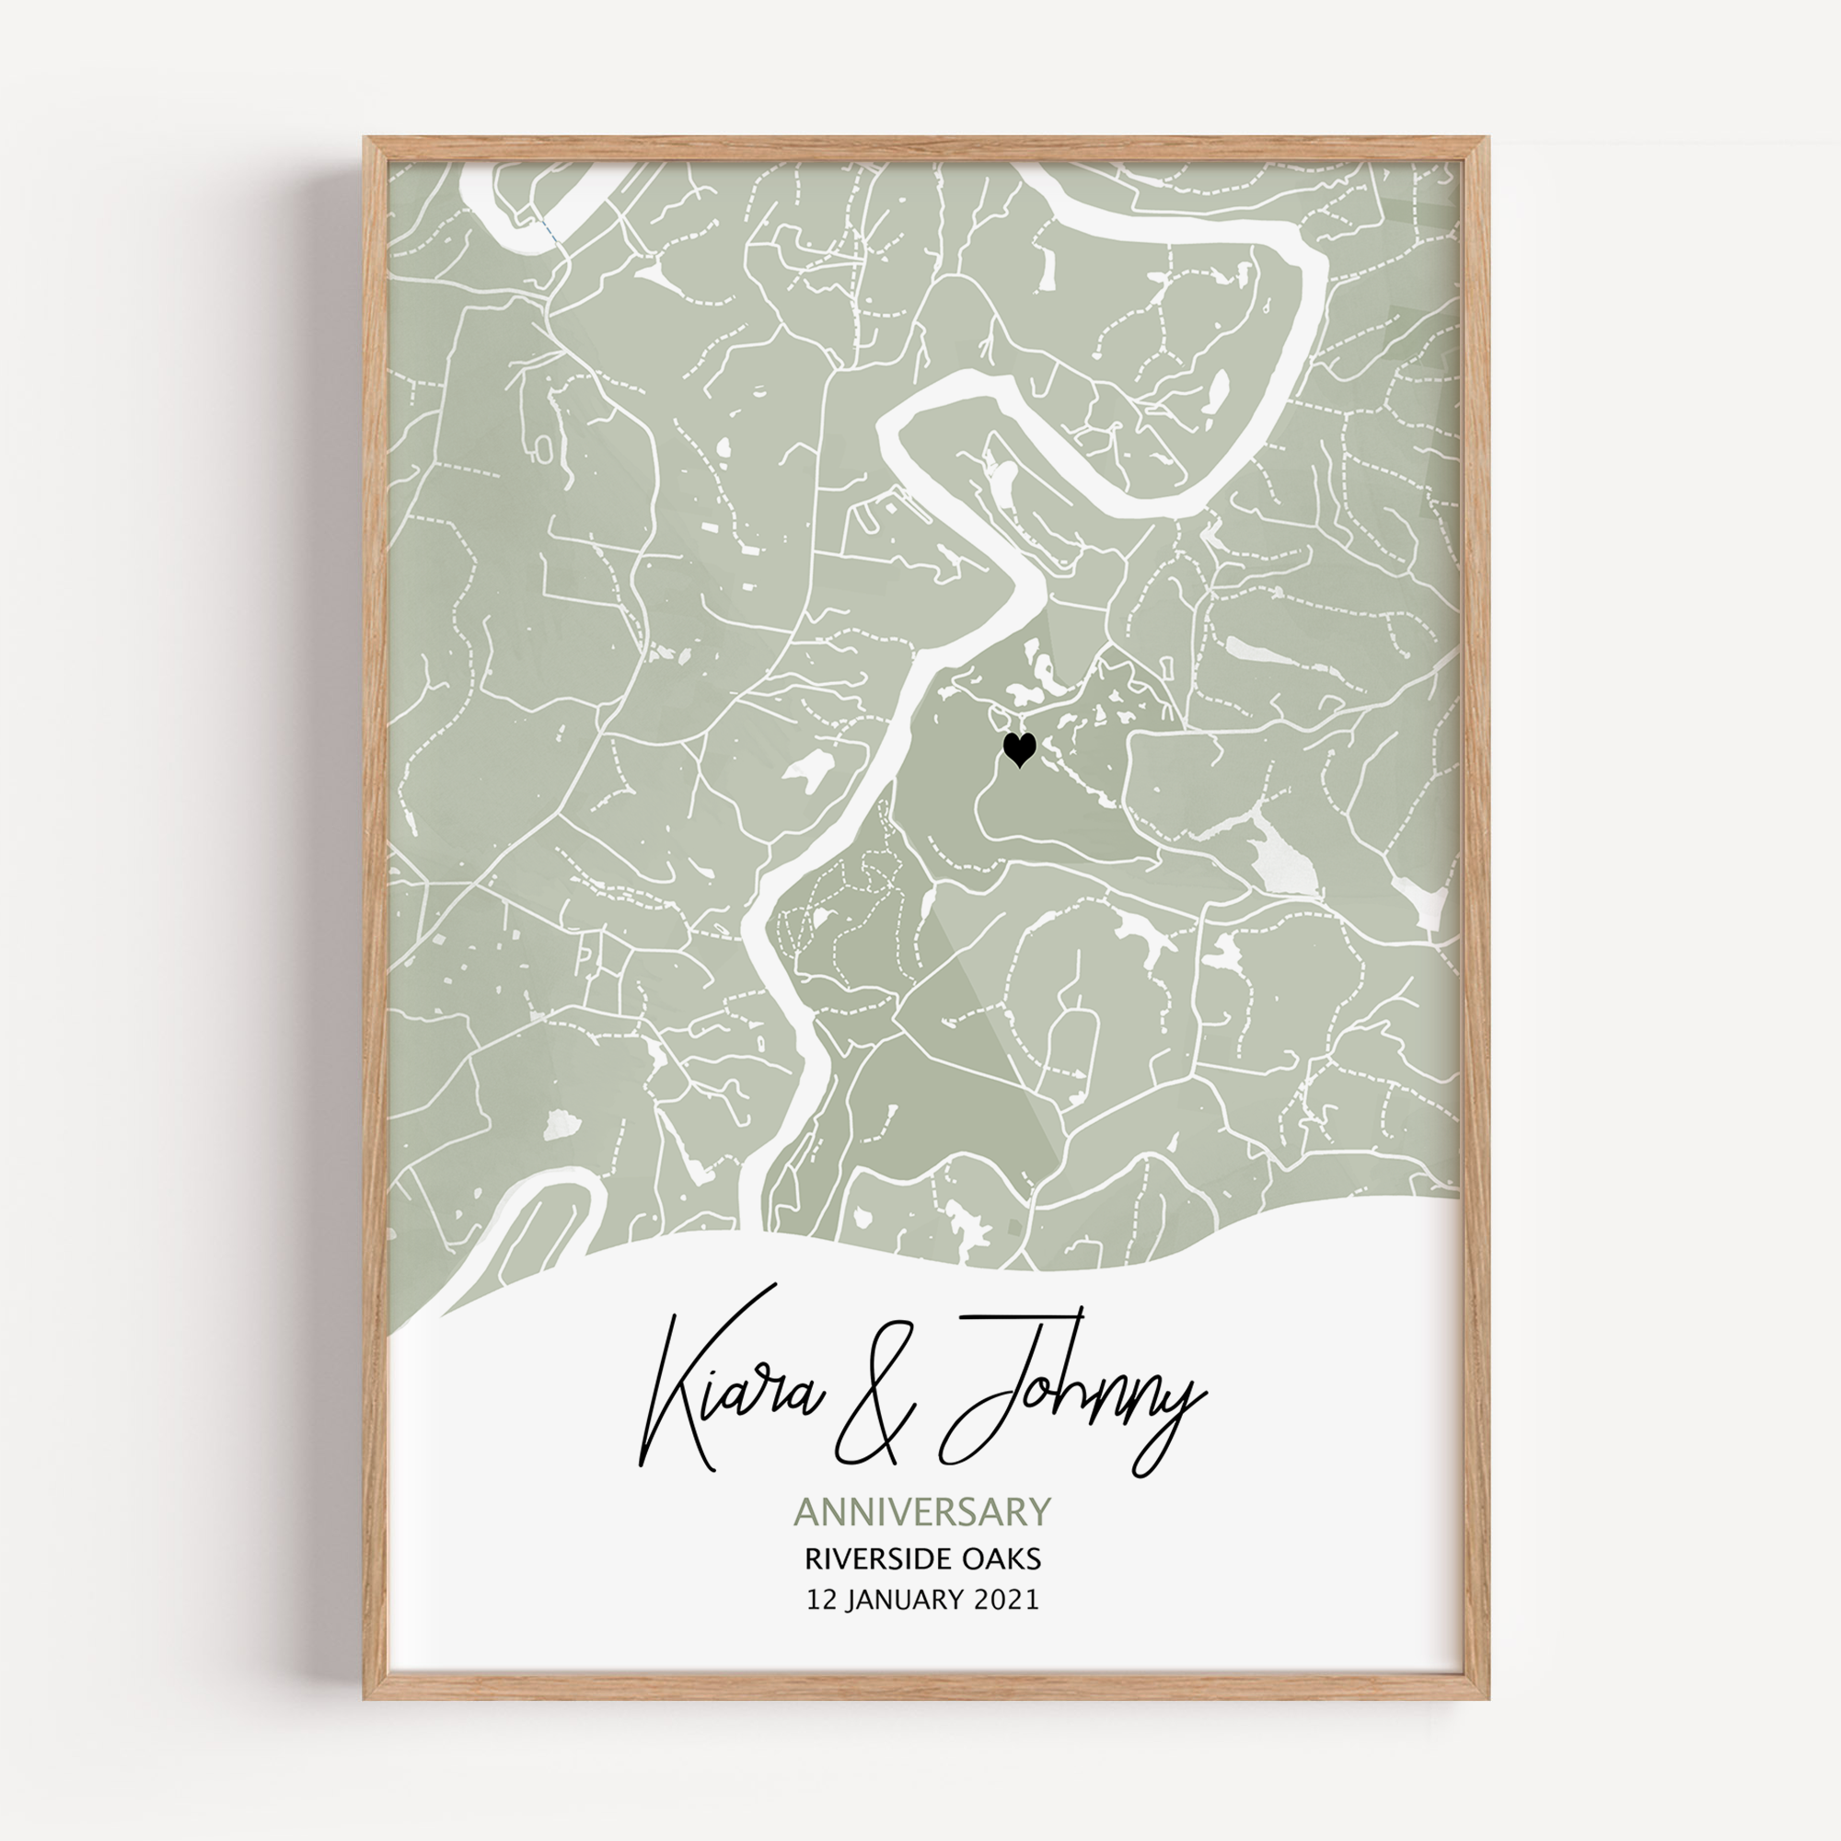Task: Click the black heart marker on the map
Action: point(1019,749)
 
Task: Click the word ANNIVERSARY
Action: point(921,1512)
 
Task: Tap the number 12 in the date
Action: point(822,1600)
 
